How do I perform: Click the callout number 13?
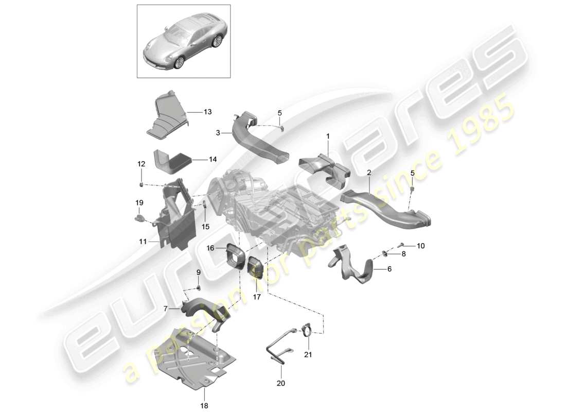(193, 112)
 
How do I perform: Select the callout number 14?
(199, 160)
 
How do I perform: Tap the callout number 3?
(218, 133)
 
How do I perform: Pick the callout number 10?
(421, 246)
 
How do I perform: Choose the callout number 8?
(403, 253)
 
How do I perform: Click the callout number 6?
(389, 269)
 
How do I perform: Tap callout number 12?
(141, 164)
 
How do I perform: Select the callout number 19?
(138, 203)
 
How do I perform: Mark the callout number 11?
(143, 241)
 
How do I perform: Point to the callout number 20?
(281, 383)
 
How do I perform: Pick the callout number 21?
(308, 355)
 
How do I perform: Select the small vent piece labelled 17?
(255, 268)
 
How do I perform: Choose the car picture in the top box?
(183, 41)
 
